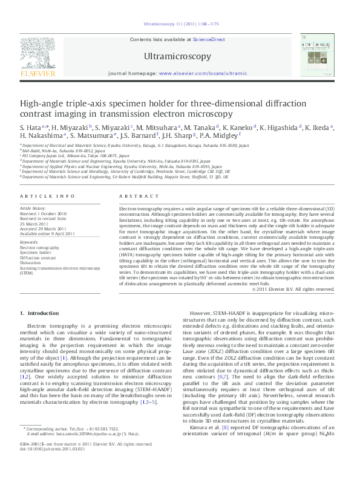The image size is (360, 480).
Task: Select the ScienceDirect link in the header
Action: (209, 39)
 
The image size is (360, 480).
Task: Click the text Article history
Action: (33, 207)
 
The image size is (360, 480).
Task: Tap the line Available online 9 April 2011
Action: (46, 233)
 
